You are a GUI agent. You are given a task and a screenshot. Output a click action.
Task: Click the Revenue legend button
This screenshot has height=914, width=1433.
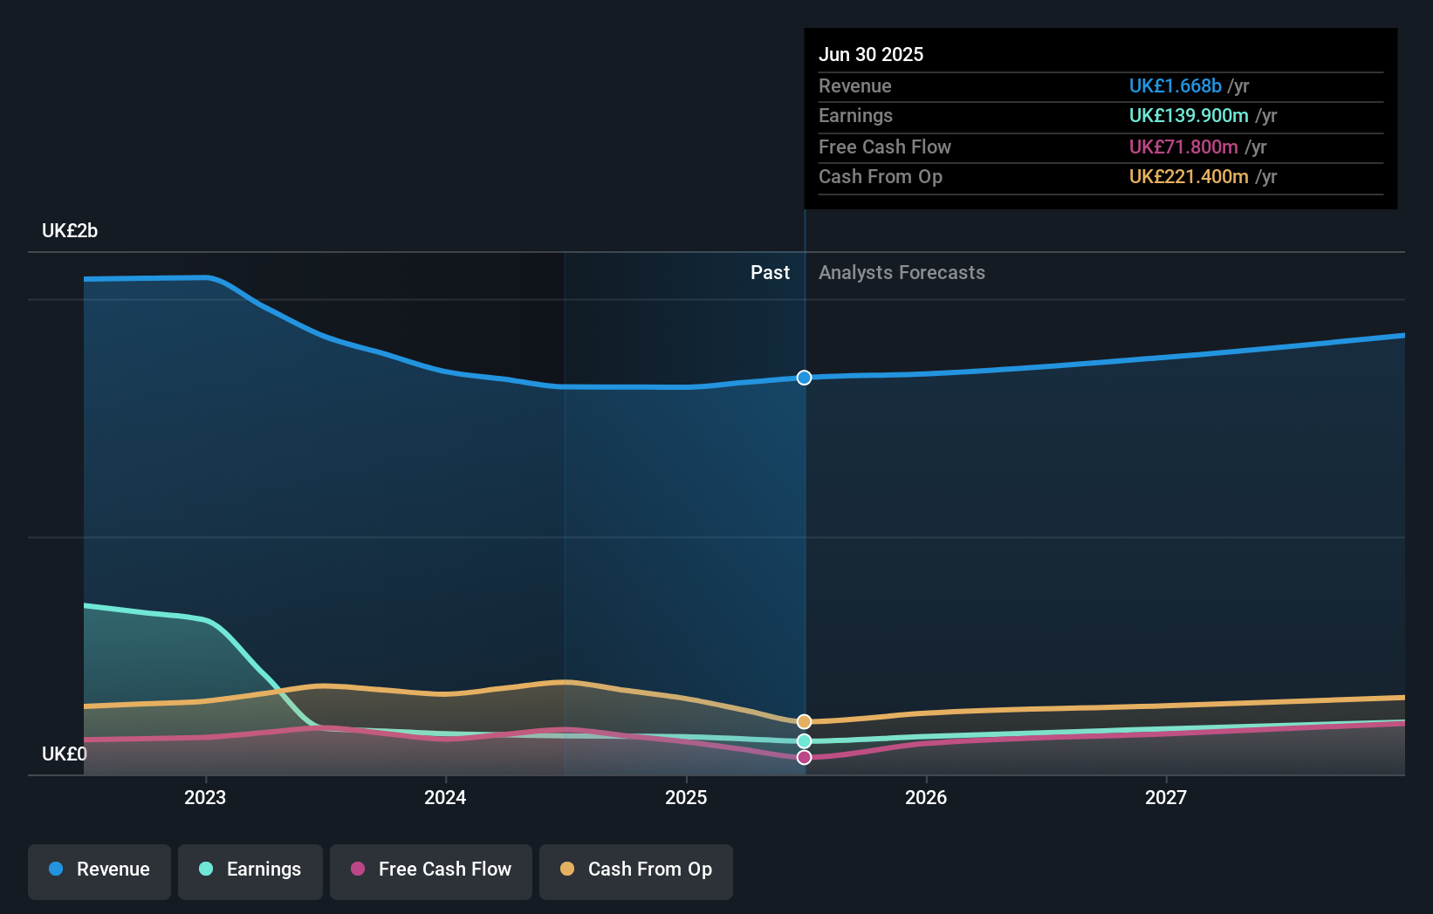pos(99,870)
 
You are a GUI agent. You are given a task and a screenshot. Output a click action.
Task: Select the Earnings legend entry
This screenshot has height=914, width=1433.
pos(250,870)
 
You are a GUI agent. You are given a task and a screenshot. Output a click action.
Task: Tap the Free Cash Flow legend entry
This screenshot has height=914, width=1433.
pos(431,870)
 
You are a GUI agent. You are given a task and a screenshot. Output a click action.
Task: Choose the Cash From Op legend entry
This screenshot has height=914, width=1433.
pos(636,870)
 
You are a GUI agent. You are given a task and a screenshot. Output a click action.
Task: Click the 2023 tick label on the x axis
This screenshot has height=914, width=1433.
pos(205,798)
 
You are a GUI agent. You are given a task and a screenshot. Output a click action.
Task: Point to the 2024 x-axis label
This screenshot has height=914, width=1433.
pos(445,798)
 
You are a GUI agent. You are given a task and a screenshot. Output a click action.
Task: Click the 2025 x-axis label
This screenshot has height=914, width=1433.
pos(686,798)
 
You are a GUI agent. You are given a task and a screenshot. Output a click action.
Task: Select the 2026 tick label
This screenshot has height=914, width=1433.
pos(926,798)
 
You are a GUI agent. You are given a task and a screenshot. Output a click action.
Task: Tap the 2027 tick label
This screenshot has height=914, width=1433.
pos(1166,798)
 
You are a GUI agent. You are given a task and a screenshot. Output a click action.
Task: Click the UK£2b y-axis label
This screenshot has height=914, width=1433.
pos(70,231)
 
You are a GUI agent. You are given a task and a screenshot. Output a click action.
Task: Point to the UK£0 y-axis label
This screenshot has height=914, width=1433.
pos(65,754)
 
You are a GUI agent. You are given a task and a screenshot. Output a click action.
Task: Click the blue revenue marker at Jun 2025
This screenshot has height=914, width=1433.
pos(804,378)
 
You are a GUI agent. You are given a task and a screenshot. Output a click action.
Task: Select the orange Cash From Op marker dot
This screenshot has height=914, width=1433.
pos(804,722)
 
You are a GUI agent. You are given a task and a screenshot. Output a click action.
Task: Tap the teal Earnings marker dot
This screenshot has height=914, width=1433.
pos(804,741)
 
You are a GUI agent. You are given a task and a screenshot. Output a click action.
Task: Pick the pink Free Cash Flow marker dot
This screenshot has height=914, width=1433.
pos(804,757)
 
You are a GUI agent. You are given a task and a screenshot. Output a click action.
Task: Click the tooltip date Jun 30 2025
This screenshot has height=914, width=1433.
pos(871,55)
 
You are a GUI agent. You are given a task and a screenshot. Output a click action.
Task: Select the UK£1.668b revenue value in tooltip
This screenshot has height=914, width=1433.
pos(1175,86)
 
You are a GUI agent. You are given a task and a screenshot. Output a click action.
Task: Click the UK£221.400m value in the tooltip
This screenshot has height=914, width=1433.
pos(1189,177)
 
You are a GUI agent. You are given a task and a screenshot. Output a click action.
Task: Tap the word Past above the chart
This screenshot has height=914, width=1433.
pos(770,273)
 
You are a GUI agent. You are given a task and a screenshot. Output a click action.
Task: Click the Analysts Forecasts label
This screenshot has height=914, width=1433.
pos(902,273)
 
